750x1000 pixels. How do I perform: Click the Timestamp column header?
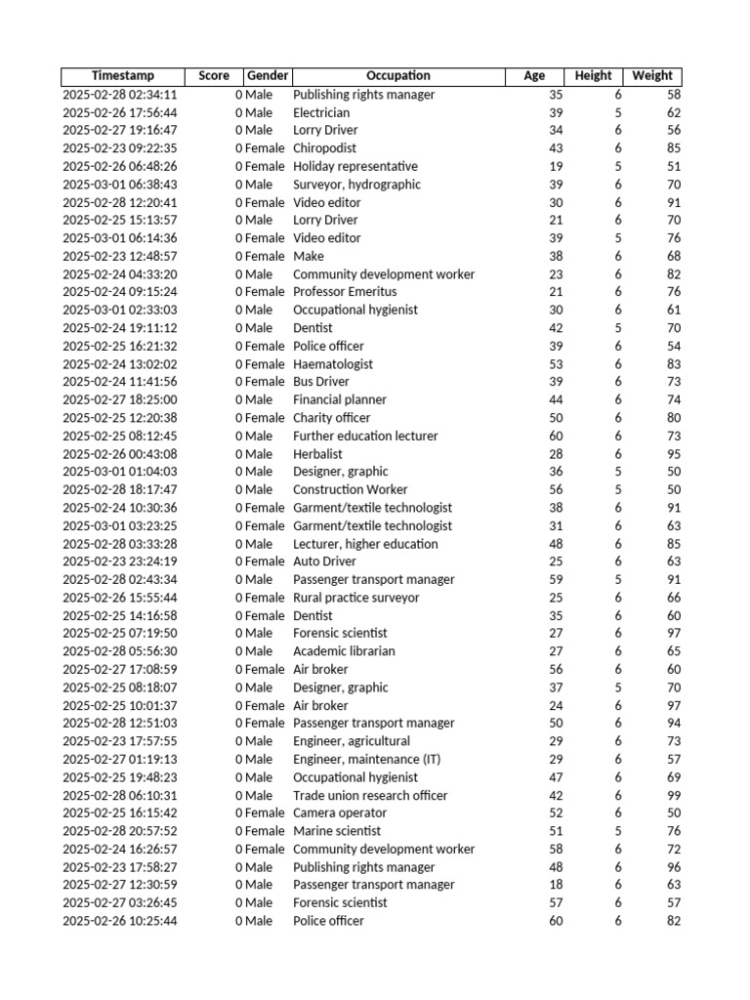click(x=123, y=76)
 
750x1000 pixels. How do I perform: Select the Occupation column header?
click(x=397, y=76)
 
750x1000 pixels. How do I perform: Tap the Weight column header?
click(x=652, y=76)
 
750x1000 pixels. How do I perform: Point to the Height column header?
click(x=593, y=76)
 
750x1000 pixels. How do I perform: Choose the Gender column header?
click(x=267, y=76)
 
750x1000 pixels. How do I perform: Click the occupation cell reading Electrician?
click(x=321, y=112)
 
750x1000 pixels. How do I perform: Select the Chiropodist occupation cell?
click(x=325, y=148)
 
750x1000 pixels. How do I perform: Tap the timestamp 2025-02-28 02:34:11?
click(x=120, y=95)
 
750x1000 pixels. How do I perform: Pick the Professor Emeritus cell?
click(x=345, y=292)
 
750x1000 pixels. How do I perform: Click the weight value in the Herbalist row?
click(x=673, y=454)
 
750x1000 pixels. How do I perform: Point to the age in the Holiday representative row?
click(x=556, y=166)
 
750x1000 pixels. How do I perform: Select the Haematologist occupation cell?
click(x=333, y=364)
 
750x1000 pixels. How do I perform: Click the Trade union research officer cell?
click(x=370, y=795)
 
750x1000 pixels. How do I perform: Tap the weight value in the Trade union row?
click(x=673, y=795)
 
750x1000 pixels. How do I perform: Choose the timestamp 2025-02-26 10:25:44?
click(x=120, y=921)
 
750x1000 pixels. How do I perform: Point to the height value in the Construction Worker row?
click(x=617, y=489)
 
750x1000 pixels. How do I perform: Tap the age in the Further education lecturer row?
click(x=556, y=436)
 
